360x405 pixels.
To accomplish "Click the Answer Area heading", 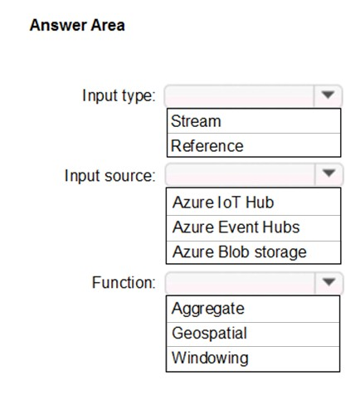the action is tap(77, 25).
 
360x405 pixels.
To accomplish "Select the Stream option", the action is tap(196, 121).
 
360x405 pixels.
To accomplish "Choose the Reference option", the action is tap(207, 146).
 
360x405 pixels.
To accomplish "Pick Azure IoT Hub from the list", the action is tap(223, 202).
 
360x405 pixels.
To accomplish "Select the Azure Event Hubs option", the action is tap(236, 227).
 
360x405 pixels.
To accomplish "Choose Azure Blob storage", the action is tap(240, 252).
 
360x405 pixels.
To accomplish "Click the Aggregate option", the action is tap(208, 309).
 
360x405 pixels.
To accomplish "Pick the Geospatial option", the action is tap(209, 334).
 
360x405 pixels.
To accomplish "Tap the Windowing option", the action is tap(210, 358).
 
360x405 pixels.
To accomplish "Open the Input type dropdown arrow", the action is tap(328, 95).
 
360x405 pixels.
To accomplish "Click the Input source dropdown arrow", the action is tap(328, 173).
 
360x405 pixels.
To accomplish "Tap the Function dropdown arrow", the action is tap(328, 282).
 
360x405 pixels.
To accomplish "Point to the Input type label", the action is tap(119, 96).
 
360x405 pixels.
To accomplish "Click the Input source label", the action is tap(110, 176).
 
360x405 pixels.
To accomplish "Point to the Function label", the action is tap(124, 282).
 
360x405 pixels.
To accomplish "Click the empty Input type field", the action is tap(240, 95).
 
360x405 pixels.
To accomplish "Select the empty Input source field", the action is tap(240, 174).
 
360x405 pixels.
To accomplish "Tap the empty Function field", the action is tap(240, 283).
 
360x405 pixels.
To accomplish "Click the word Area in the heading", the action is tap(108, 25).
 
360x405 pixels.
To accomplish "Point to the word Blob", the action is tap(234, 252).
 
